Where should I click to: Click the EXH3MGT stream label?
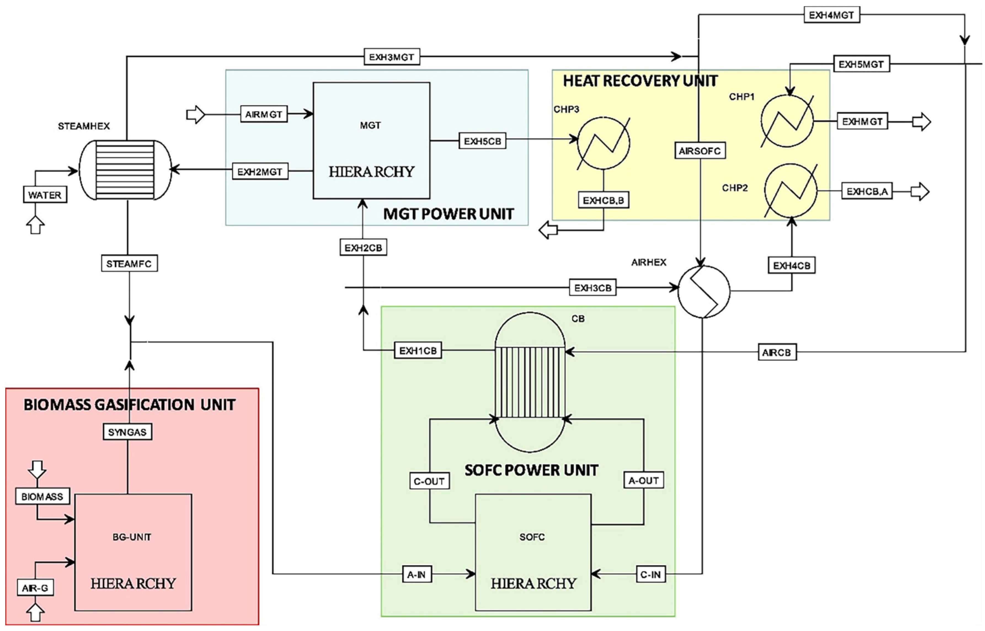point(392,57)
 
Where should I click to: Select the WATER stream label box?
point(45,195)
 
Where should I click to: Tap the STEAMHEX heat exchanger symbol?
point(125,170)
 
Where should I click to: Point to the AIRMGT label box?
point(263,114)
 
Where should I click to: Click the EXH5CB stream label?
point(482,141)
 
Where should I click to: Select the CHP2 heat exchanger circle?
point(790,191)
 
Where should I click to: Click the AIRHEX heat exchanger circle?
point(704,291)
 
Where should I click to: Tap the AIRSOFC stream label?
point(700,151)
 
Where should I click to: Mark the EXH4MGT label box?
point(831,15)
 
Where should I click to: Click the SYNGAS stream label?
point(127,432)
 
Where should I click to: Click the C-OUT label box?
point(429,481)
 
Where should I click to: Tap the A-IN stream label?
point(416,575)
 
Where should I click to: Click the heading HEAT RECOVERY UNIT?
point(640,81)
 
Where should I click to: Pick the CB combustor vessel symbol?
point(530,382)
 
